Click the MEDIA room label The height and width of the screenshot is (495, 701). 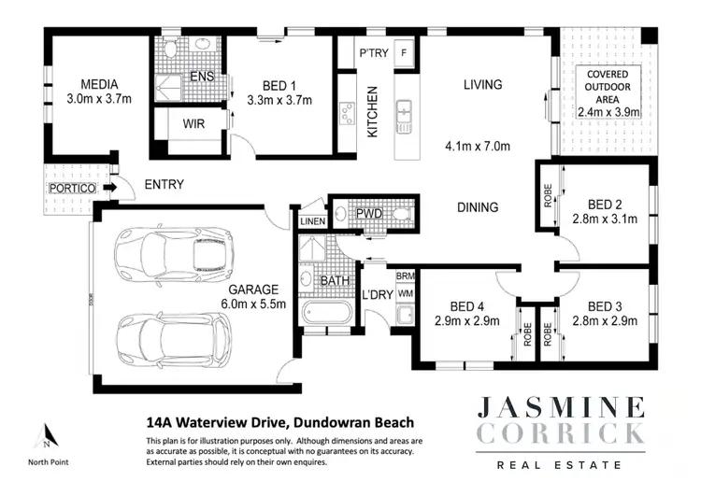point(98,82)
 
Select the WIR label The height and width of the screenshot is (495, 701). point(193,122)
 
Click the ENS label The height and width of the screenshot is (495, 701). point(202,76)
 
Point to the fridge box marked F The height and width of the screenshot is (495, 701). point(404,53)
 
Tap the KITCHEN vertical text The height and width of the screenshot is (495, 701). point(372,112)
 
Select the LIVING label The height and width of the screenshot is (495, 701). point(482,84)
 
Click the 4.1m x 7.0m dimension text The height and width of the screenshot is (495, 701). point(477,147)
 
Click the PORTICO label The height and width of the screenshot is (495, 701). point(72,189)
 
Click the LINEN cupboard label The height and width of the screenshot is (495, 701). point(311,220)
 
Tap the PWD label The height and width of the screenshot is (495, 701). point(369,214)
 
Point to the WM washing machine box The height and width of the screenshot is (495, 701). point(405,293)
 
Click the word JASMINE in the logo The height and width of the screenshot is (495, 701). point(560,407)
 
